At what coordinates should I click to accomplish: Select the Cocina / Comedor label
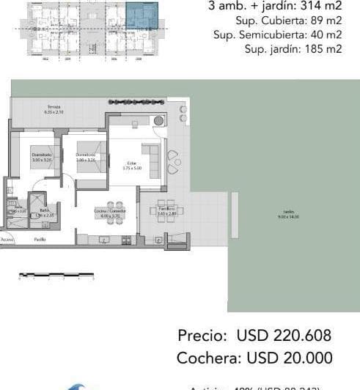point(110,212)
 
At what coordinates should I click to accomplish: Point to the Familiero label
point(166,210)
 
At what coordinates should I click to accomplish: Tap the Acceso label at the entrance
point(7,239)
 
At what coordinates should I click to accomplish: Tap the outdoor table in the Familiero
point(168,211)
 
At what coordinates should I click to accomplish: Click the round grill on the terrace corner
point(159,121)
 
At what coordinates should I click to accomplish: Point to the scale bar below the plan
point(56,276)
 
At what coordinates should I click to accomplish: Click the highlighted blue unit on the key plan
point(141,17)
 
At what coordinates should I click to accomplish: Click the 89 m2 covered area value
point(326,21)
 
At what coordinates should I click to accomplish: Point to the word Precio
point(203,336)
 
